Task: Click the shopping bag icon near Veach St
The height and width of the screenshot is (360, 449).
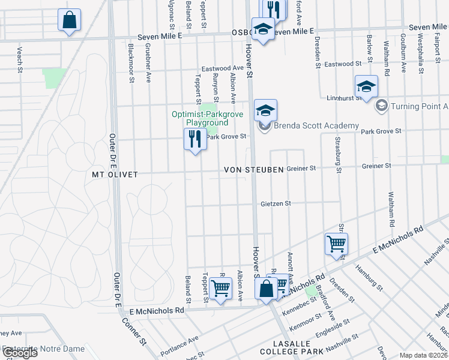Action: click(x=70, y=20)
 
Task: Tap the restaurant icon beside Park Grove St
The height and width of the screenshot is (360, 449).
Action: click(x=194, y=140)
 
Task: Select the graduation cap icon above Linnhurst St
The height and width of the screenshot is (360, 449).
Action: click(x=366, y=87)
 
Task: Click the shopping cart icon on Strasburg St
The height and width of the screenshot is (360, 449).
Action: click(x=336, y=244)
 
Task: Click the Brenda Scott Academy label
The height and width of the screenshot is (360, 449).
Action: click(x=316, y=127)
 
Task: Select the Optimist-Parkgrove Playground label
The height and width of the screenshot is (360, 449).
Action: click(x=200, y=118)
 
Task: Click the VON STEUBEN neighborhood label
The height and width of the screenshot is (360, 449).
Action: click(x=253, y=170)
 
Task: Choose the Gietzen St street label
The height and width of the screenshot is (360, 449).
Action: click(x=276, y=204)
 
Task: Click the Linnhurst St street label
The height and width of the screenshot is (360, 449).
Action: click(x=342, y=98)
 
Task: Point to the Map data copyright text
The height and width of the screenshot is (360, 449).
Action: click(x=423, y=355)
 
